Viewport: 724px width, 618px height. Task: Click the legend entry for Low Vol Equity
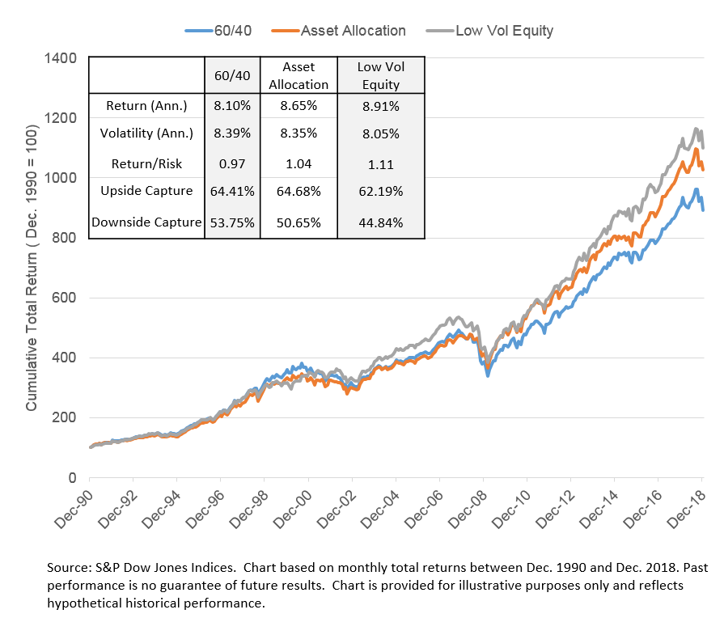504,31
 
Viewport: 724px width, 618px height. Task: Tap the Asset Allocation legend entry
353,31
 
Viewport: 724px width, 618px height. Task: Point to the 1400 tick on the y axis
60,58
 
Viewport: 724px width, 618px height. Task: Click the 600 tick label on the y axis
65,298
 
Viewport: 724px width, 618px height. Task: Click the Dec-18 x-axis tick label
691,506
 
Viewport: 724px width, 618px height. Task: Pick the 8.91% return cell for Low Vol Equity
379,105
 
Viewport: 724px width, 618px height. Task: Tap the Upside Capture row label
146,193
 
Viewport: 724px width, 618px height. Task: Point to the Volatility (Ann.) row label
146,133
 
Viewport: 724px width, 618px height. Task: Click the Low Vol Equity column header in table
379,77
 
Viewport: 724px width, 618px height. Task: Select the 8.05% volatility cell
379,133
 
